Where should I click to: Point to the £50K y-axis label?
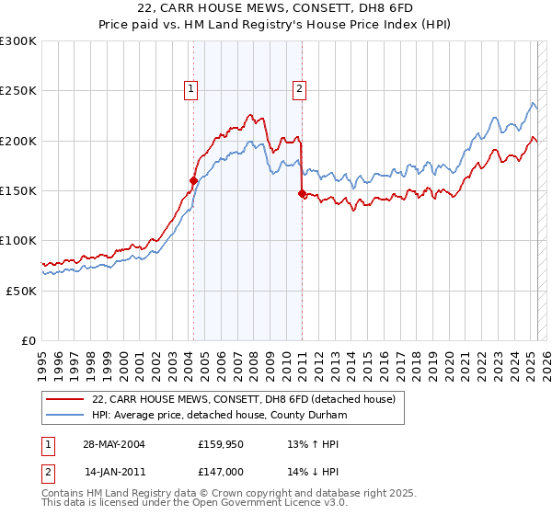(x=21, y=291)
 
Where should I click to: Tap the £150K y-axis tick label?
(x=17, y=190)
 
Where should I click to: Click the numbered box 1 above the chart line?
(x=190, y=89)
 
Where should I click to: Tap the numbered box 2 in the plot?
(x=300, y=89)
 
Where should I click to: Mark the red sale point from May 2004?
(x=193, y=181)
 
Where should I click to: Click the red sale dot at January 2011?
(x=302, y=193)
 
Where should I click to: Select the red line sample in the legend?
(x=66, y=399)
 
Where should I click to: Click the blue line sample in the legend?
(x=66, y=415)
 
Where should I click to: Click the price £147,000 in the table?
(x=220, y=471)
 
